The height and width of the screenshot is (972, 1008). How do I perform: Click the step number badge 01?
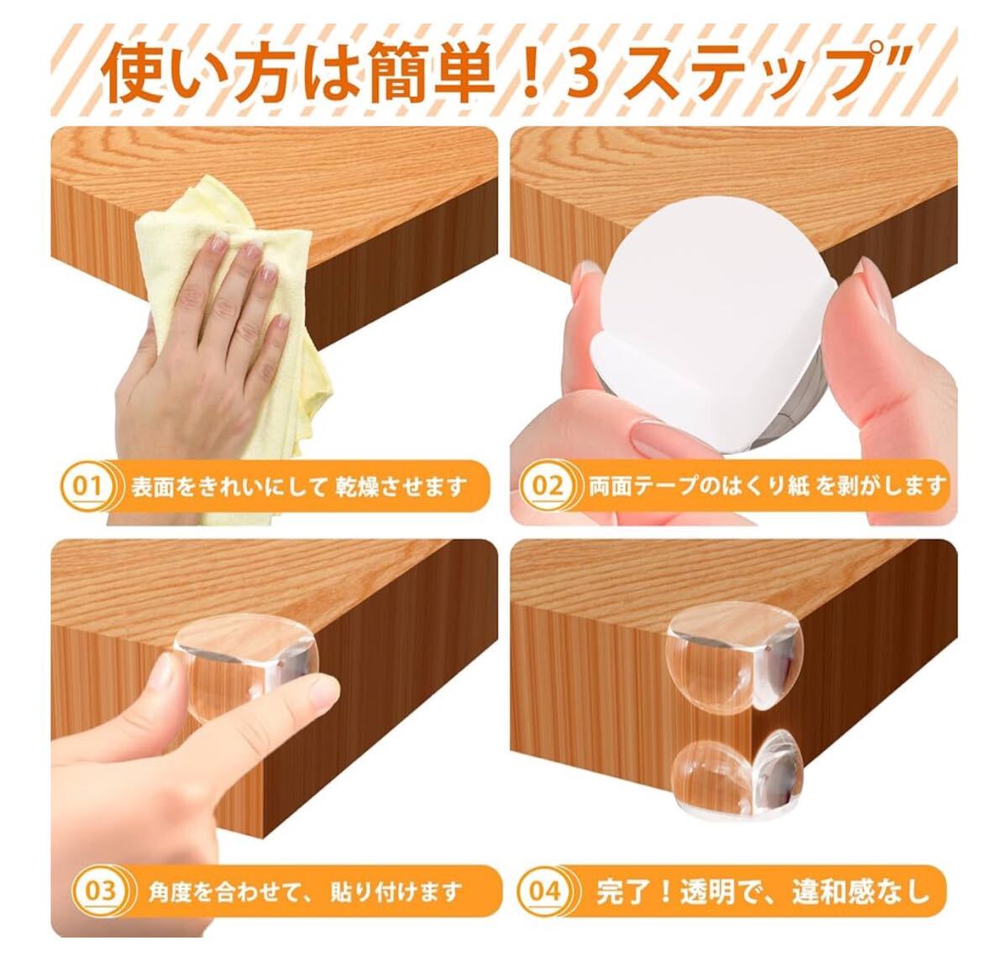[x=87, y=486]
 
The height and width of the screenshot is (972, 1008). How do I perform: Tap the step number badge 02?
[x=547, y=486]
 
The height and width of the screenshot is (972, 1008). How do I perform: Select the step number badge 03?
[x=99, y=689]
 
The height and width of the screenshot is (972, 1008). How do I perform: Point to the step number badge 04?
[x=543, y=689]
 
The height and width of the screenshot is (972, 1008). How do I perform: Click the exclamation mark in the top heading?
[x=529, y=72]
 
